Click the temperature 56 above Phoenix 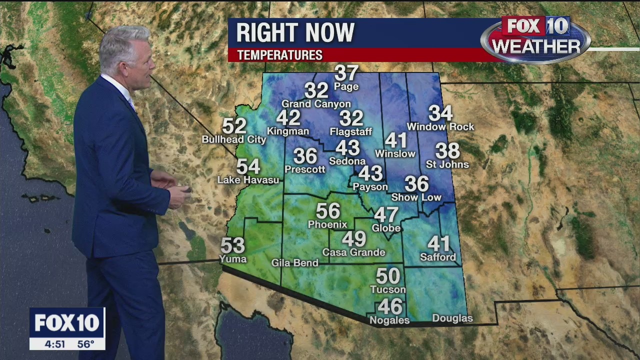[328, 211]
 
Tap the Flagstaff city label [351, 131]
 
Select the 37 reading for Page [346, 73]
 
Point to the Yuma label [233, 258]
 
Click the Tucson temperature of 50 [388, 276]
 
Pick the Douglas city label [452, 318]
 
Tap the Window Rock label [440, 127]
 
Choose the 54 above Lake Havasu [248, 166]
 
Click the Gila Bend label [294, 262]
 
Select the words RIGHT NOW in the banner [295, 33]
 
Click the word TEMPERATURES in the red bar [279, 55]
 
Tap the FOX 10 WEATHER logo [535, 39]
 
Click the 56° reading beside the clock [85, 344]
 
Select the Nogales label [389, 320]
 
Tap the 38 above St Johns [447, 150]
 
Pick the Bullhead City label [234, 139]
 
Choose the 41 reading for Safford [438, 244]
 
